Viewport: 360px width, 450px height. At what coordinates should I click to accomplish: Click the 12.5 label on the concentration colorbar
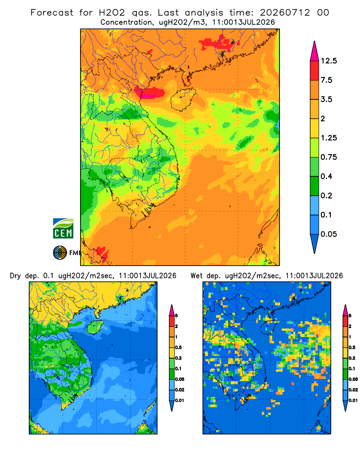coord(328,61)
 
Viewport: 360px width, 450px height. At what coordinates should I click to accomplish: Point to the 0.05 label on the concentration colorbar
coord(328,234)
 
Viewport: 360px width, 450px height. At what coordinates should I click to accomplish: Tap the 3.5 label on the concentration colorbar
coord(326,99)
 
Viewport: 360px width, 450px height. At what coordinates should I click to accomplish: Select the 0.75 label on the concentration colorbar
coord(328,157)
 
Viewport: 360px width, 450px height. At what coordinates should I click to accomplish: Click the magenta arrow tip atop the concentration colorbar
coord(315,51)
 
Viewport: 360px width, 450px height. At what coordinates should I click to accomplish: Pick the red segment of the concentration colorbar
coord(315,70)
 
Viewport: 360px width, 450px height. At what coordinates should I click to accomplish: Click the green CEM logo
coord(63,229)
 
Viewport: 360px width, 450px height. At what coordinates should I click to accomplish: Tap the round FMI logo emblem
coord(60,252)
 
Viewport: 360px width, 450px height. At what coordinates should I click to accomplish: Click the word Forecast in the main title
coord(52,13)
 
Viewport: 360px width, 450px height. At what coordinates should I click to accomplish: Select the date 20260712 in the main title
coord(285,13)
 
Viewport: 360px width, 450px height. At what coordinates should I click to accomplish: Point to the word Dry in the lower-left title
coord(15,276)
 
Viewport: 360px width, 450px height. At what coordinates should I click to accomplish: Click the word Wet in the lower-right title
coord(197,276)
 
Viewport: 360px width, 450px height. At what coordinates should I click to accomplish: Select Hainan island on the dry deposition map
coord(95,327)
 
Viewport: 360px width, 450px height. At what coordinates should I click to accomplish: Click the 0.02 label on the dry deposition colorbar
coord(180,390)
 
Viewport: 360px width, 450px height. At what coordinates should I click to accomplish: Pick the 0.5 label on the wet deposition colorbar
coord(352,347)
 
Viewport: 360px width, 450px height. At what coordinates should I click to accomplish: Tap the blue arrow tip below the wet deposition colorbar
coord(345,406)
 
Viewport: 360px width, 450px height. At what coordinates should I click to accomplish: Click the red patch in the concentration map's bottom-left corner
coord(102,252)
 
